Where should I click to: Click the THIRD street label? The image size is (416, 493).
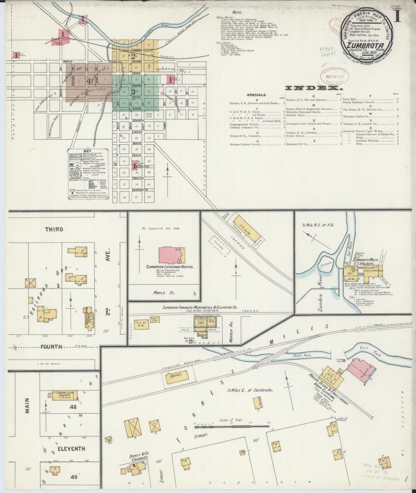[55, 229]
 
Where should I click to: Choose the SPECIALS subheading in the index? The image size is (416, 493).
[256, 95]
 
